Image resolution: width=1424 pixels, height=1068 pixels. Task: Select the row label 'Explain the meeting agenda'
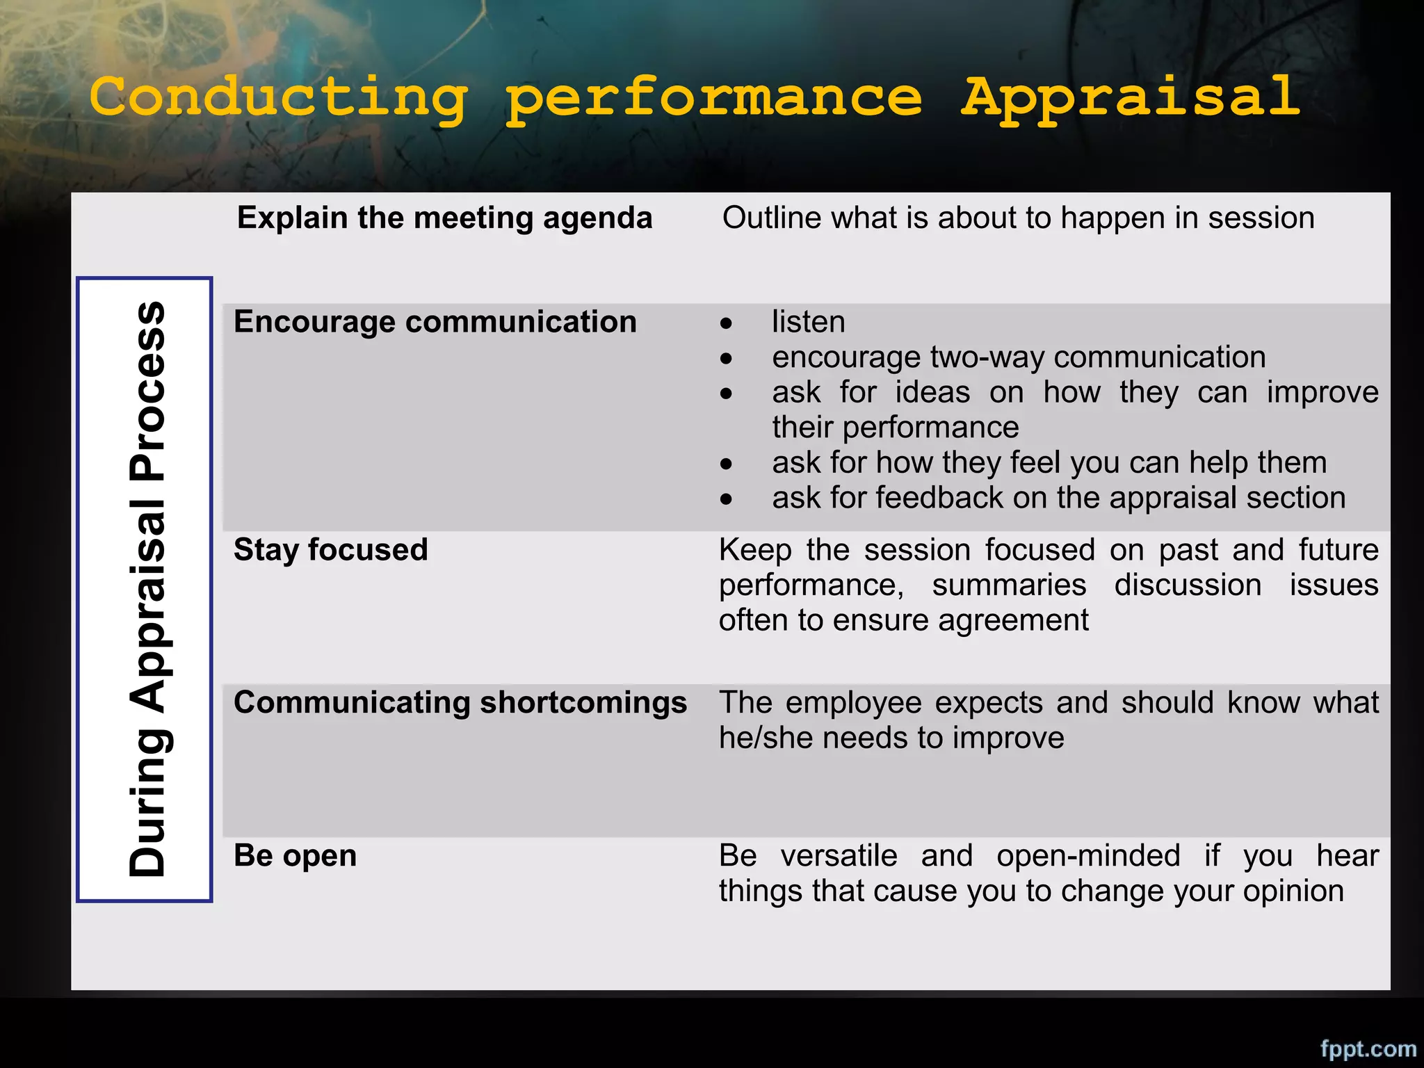pyautogui.click(x=445, y=218)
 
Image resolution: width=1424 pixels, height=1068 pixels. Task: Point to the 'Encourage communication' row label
pyautogui.click(x=435, y=322)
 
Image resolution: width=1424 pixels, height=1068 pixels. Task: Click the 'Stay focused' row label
pyautogui.click(x=331, y=550)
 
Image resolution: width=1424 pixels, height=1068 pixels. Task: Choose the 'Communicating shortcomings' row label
pyautogui.click(x=460, y=702)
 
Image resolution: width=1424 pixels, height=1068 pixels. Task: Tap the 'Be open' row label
pyautogui.click(x=296, y=855)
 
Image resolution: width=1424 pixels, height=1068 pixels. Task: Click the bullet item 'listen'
pyautogui.click(x=809, y=322)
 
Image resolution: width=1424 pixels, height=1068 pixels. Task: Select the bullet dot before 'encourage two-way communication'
pyautogui.click(x=727, y=359)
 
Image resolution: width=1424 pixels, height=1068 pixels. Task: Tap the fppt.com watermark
pyautogui.click(x=1368, y=1048)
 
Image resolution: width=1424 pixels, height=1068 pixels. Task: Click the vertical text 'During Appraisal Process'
pyautogui.click(x=147, y=589)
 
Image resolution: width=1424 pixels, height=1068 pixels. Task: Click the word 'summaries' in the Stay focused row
pyautogui.click(x=1009, y=585)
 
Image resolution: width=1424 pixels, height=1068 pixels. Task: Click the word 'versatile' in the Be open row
pyautogui.click(x=839, y=855)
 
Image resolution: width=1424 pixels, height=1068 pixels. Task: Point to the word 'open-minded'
pyautogui.click(x=1088, y=855)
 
